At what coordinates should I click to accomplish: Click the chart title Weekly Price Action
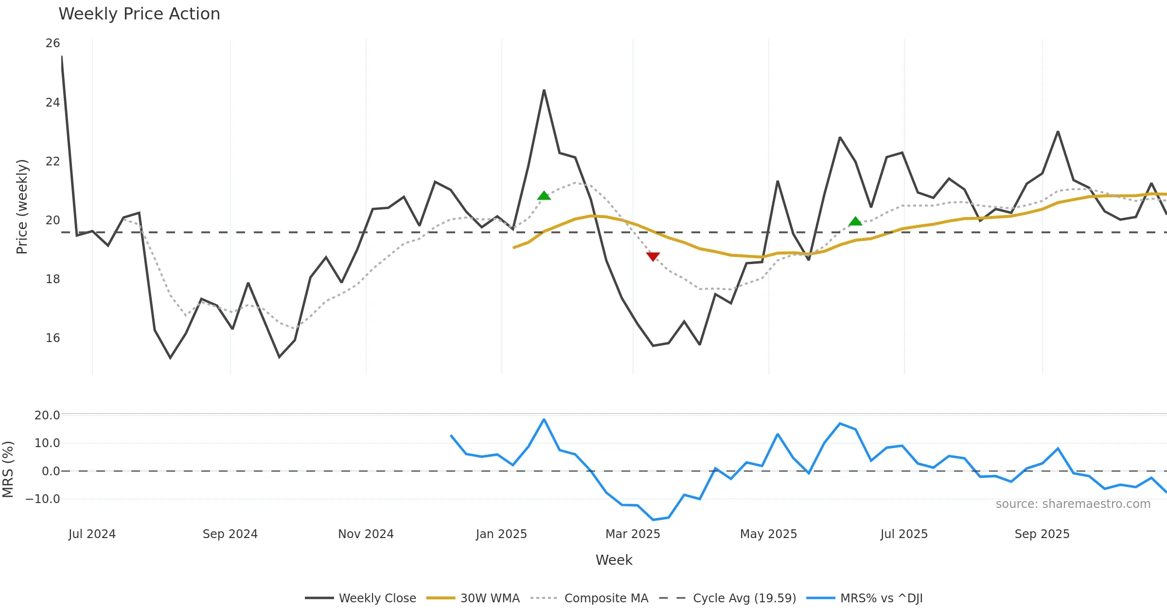tap(139, 14)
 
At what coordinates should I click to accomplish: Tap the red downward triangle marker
tap(653, 256)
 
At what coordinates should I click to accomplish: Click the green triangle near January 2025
tap(544, 196)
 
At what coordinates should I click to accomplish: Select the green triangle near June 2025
tap(855, 221)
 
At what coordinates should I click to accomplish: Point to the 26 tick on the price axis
tap(53, 43)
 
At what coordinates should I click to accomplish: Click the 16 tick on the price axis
tap(53, 338)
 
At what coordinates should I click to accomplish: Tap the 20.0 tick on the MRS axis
tap(47, 415)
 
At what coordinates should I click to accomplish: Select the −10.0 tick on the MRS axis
tap(43, 499)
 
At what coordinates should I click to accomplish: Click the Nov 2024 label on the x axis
tap(366, 534)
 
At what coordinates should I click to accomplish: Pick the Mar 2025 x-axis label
tap(633, 534)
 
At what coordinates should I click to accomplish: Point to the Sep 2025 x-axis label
tap(1042, 534)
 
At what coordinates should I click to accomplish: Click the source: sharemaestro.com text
tap(1073, 504)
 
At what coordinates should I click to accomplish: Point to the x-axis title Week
tap(614, 560)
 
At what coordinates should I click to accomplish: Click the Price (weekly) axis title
tap(22, 207)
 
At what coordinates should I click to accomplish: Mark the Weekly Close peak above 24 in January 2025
tap(544, 90)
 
